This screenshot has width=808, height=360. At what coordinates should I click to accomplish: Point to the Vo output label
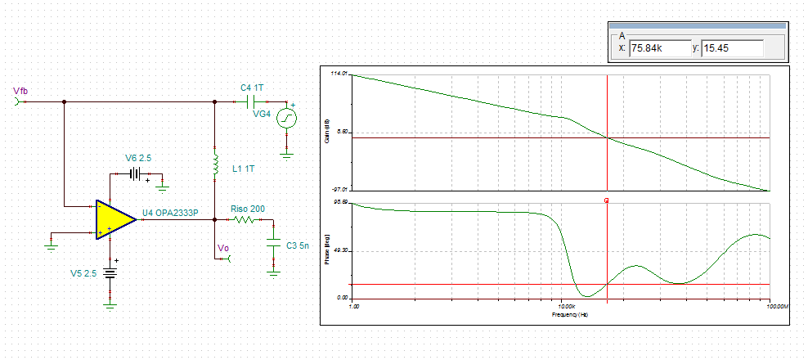tap(222, 248)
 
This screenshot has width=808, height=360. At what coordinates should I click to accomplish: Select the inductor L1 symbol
tap(214, 167)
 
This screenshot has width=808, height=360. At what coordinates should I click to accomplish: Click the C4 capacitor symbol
tap(252, 102)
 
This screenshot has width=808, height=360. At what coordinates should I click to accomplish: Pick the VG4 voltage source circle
tap(287, 118)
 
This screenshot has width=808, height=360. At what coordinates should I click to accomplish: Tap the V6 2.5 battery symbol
tap(136, 173)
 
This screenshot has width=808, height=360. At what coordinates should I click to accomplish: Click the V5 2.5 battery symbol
tap(110, 275)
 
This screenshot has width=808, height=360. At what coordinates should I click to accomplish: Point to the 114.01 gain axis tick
tap(339, 74)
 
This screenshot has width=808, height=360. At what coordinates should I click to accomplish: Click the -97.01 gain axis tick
tap(339, 189)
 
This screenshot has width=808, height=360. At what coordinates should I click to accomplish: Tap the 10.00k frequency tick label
tap(561, 306)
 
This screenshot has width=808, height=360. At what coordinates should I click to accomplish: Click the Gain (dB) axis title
tap(327, 132)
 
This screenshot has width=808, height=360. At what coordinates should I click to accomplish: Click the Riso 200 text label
tap(248, 209)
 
